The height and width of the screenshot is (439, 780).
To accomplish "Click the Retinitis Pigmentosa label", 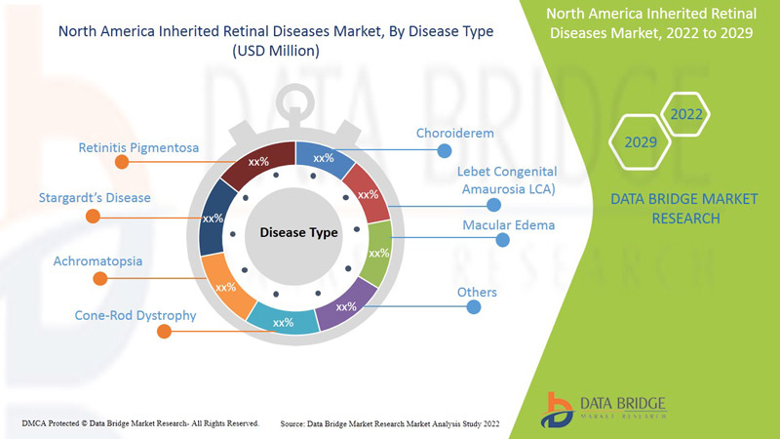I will (139, 148).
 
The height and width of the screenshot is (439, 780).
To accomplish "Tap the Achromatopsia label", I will (97, 261).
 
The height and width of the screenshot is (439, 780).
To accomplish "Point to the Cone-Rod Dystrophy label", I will (136, 315).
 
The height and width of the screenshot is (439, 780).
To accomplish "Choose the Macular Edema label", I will (508, 225).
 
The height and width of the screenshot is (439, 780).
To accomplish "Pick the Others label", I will (477, 293).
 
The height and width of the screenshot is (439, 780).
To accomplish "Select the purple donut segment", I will (348, 303).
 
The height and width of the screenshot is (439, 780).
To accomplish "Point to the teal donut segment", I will (283, 320).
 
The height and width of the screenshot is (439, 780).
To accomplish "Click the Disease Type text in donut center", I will (298, 233).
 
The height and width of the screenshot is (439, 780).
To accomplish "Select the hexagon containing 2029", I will (641, 142).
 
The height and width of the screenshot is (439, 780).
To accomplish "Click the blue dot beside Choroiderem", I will (445, 150).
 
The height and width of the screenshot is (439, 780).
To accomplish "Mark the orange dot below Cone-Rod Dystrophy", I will (164, 332).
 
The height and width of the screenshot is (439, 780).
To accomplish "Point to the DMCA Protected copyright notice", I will (140, 423).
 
